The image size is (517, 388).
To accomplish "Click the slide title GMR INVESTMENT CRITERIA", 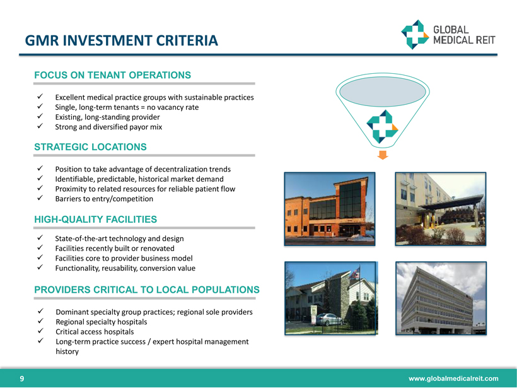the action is click(x=121, y=40).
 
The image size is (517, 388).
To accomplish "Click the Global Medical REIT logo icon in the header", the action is click(x=415, y=34).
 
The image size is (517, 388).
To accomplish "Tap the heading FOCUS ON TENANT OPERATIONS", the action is click(x=112, y=75).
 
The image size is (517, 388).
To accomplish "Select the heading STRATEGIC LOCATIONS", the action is click(x=90, y=147).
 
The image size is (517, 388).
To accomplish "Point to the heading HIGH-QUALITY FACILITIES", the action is click(x=96, y=220).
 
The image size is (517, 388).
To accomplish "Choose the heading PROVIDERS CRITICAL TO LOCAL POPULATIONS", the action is click(x=147, y=290).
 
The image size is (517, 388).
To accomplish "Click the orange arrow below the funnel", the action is click(x=383, y=155).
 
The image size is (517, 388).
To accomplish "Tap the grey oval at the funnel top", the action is click(x=383, y=91).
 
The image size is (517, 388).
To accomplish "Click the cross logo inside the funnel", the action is click(x=382, y=127).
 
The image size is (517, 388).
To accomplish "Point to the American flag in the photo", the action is click(x=354, y=274).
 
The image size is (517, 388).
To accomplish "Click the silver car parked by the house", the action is click(x=328, y=319).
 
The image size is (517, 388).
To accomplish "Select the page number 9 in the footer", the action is click(x=22, y=379).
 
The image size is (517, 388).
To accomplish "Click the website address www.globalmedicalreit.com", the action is click(x=453, y=379).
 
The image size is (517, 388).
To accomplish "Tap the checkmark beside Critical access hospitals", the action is click(x=40, y=331).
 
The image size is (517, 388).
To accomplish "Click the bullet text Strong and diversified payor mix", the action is click(x=108, y=127).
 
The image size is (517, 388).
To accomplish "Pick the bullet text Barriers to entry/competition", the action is click(x=104, y=199).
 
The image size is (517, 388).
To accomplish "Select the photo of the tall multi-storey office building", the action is click(x=441, y=298).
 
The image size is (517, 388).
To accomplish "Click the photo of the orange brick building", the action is click(x=330, y=209).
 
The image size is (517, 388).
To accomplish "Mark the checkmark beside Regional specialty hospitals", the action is click(x=40, y=321).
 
